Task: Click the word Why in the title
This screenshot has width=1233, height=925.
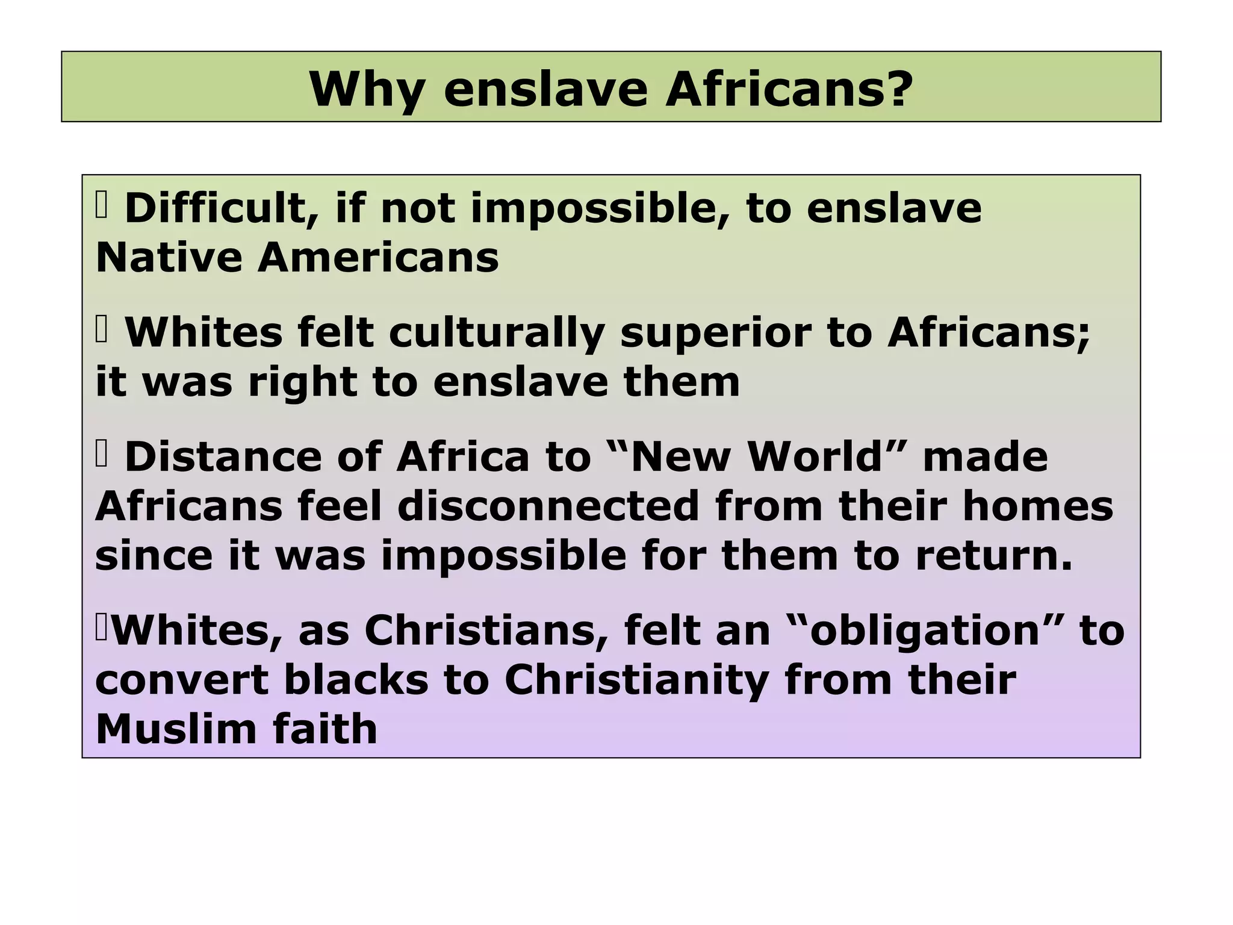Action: [x=367, y=90]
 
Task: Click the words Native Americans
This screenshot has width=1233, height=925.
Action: [x=297, y=258]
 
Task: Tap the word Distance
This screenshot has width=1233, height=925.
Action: [x=223, y=456]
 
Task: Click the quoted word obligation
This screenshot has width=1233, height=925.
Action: [x=924, y=631]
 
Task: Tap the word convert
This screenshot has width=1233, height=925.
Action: [x=181, y=680]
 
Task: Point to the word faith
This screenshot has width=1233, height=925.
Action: [x=325, y=729]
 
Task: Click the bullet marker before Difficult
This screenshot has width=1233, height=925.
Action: [x=101, y=205]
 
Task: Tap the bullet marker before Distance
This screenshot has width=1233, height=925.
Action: [x=101, y=455]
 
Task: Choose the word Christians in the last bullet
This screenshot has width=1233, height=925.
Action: [x=485, y=631]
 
